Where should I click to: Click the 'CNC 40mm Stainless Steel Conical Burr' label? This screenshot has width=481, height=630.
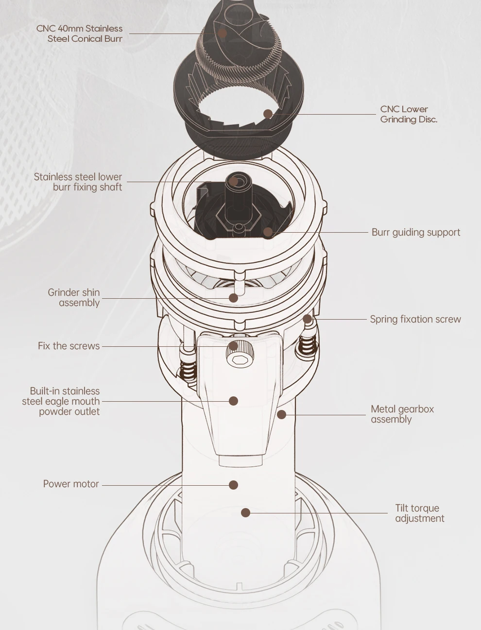[x=79, y=34]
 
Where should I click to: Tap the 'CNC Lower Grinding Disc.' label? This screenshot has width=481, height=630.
[x=408, y=114]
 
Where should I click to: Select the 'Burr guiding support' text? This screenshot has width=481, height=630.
[x=415, y=232]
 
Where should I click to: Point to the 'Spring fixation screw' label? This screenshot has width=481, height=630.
[x=415, y=319]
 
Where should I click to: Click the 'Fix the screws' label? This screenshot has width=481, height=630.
[x=69, y=346]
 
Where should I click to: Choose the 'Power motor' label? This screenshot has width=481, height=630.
[x=71, y=484]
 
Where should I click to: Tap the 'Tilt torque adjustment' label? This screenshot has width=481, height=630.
[x=419, y=513]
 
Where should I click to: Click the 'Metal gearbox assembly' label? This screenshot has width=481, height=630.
[x=402, y=414]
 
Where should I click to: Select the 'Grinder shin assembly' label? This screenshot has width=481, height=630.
[x=74, y=297]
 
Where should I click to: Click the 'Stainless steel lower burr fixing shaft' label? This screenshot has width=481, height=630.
[x=78, y=182]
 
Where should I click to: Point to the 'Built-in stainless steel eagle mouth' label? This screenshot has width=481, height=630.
[x=61, y=401]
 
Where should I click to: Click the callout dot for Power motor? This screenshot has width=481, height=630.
[x=233, y=485]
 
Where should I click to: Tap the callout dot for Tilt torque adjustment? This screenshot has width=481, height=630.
[x=246, y=512]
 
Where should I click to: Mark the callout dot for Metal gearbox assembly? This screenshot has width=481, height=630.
[x=281, y=414]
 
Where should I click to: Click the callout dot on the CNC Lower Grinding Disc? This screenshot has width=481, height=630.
[x=268, y=114]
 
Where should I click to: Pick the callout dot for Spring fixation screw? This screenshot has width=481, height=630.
[x=307, y=319]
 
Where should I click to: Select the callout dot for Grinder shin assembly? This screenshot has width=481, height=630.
[x=233, y=298]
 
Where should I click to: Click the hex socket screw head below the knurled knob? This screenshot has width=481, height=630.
[x=238, y=360]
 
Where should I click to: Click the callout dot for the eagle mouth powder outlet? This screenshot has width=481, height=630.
[x=233, y=401]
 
